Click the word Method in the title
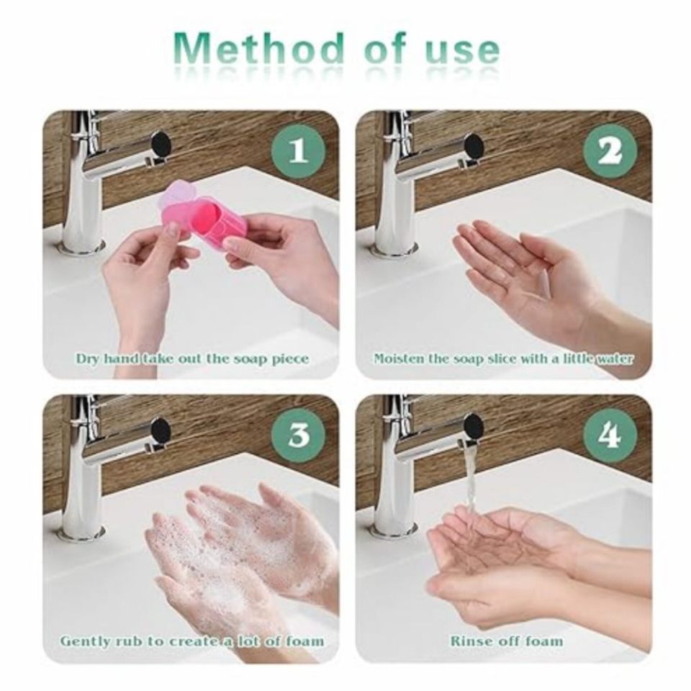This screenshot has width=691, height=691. [x=260, y=50]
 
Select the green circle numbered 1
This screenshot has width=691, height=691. [x=298, y=151]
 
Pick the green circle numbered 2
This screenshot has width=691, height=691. [x=610, y=151]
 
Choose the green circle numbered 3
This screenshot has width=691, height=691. [x=298, y=435]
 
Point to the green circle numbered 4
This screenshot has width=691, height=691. [x=610, y=435]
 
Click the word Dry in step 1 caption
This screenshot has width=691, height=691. [x=88, y=358]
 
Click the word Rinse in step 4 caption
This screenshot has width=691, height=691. [x=469, y=641]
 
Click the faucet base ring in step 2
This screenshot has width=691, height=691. [x=394, y=250]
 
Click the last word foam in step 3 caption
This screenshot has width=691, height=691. [x=304, y=641]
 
